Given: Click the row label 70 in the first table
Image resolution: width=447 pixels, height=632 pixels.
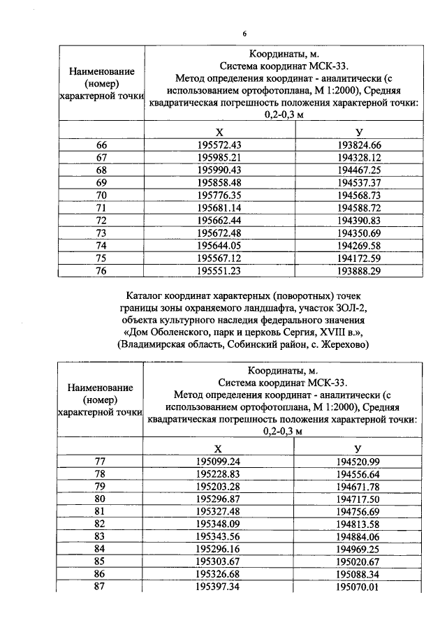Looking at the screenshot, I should pos(101,195).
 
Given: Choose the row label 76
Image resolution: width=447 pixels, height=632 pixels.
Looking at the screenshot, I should pos(101,270).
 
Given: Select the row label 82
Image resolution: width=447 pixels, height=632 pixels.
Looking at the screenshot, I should pos(101,524).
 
